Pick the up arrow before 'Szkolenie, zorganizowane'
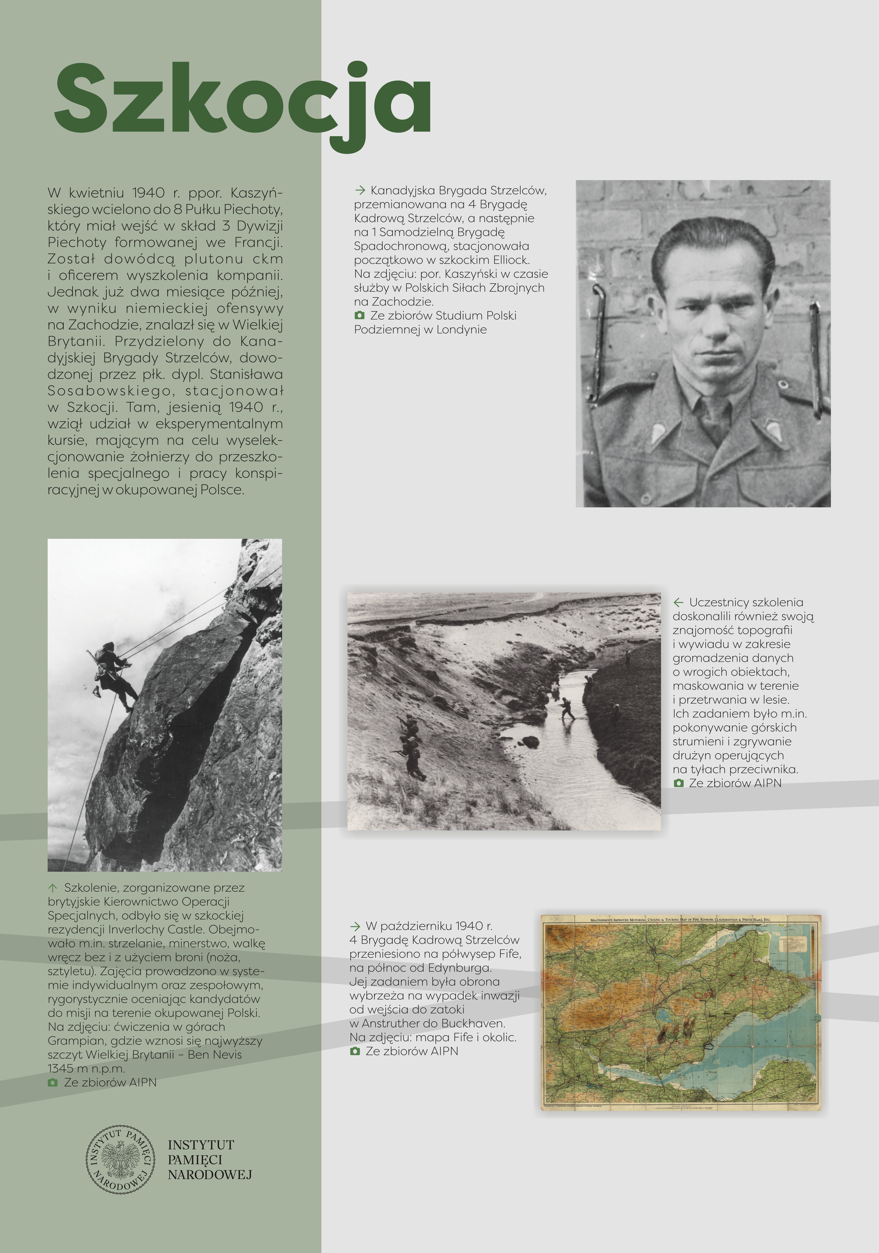(53, 888)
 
